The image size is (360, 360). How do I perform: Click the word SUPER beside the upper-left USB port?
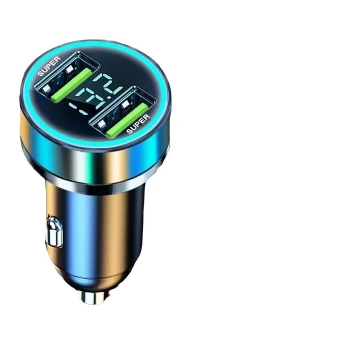[x=50, y=66]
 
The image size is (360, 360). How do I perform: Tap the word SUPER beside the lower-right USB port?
[x=138, y=124]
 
